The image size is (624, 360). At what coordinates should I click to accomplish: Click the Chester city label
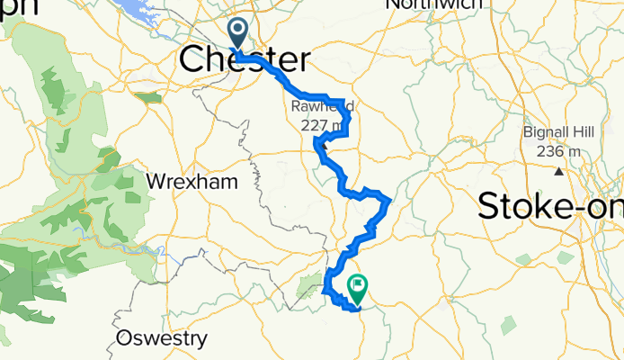[245, 60]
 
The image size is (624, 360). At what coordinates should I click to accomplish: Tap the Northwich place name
[426, 5]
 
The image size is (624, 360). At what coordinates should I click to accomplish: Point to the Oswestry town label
[162, 339]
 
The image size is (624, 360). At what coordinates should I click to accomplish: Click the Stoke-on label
[550, 206]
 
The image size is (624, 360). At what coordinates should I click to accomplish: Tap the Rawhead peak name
[321, 106]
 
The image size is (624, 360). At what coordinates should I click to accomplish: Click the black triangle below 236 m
[558, 170]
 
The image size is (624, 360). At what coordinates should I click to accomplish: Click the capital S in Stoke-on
[491, 206]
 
